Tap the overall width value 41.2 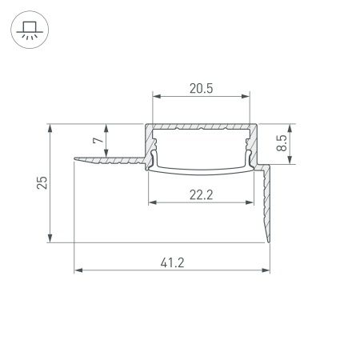pos(171,262)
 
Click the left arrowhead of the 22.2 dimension pos(150,204)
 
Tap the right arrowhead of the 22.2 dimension pos(250,204)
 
